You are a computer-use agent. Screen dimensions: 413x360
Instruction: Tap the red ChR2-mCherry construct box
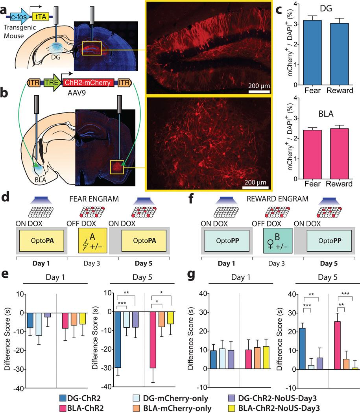coord(90,83)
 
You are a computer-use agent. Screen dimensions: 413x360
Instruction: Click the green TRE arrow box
coord(50,83)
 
